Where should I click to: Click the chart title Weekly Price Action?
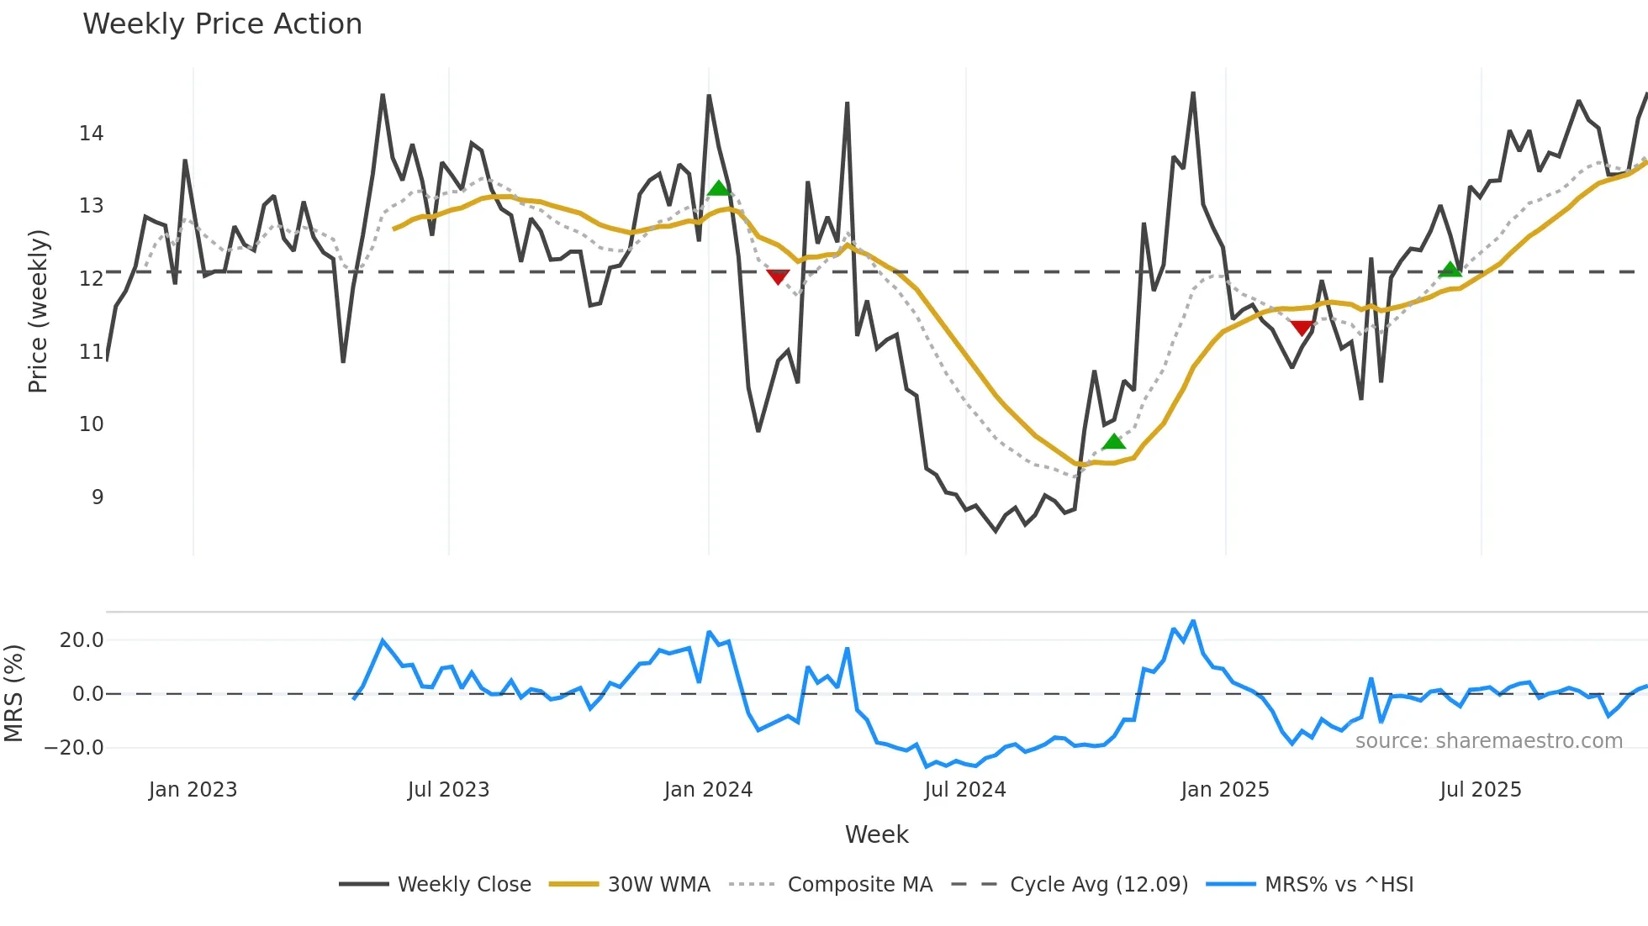(222, 24)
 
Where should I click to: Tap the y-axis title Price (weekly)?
(38, 311)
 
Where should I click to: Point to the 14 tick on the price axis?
(91, 133)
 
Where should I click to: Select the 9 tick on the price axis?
(98, 497)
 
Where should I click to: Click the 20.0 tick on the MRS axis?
(82, 639)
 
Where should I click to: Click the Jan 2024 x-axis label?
(708, 789)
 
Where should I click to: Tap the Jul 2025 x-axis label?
(1480, 789)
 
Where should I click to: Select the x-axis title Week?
(876, 834)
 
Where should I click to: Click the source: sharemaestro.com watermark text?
(1488, 740)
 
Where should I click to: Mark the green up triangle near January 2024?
(718, 188)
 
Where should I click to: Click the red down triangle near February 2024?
(778, 276)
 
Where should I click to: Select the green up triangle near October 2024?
(1113, 442)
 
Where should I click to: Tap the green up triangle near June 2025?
(1450, 270)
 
